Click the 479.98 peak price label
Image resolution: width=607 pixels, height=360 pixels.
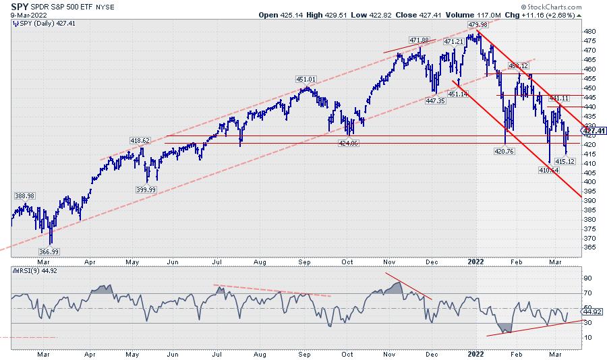(x=478, y=24)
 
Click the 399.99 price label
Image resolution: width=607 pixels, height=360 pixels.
(x=146, y=190)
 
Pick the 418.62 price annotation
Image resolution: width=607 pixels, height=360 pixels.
(x=140, y=141)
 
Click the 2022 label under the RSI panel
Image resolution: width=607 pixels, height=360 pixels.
(x=476, y=353)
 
